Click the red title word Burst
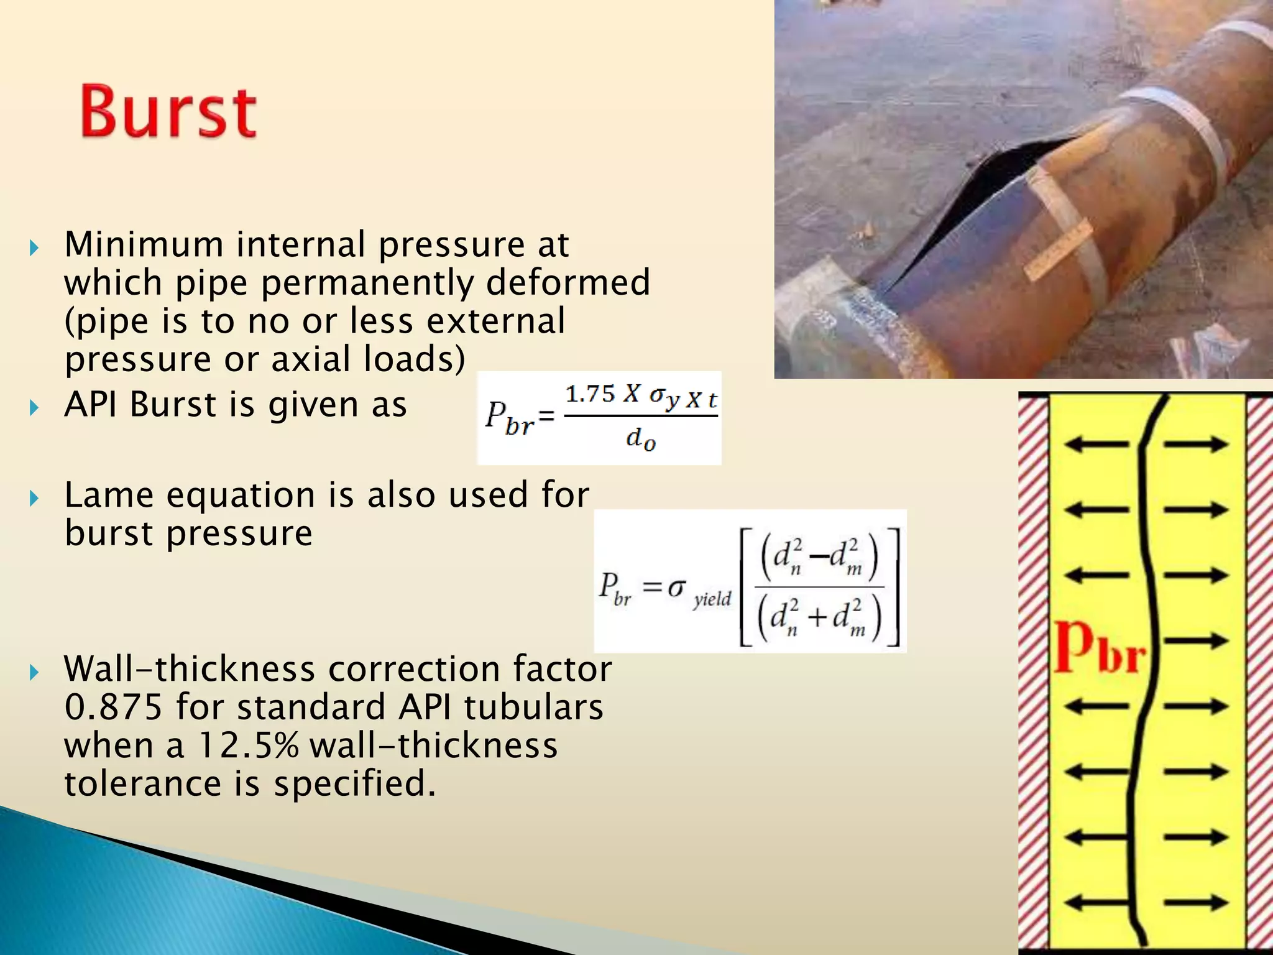coord(168,112)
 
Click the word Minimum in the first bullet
coord(144,244)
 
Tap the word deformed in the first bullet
coord(568,282)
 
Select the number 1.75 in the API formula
coord(590,394)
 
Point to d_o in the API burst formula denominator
coord(641,439)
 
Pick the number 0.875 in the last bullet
coord(113,708)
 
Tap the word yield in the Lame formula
coord(712,599)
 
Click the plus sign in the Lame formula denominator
coord(817,617)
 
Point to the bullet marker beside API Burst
coord(34,408)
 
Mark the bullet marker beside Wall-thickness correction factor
coord(34,672)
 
